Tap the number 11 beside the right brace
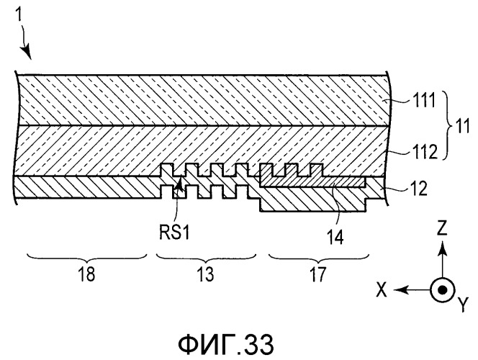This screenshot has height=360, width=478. (x=462, y=125)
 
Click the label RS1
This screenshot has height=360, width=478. (x=174, y=233)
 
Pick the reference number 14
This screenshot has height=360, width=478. (x=335, y=237)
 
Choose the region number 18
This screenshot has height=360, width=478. (x=86, y=274)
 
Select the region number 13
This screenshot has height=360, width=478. (x=205, y=274)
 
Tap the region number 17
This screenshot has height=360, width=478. (x=318, y=274)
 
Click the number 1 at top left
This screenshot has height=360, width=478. (x=19, y=14)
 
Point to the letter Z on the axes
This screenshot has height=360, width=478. (x=442, y=228)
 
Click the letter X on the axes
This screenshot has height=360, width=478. (x=382, y=289)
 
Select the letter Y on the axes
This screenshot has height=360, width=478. (x=463, y=305)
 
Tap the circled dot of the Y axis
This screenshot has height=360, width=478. (x=442, y=289)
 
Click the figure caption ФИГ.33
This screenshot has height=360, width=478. (x=226, y=344)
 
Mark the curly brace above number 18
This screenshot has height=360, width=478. (x=87, y=258)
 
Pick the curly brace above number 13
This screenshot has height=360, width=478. (x=206, y=258)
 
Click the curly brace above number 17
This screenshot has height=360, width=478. (x=319, y=258)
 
